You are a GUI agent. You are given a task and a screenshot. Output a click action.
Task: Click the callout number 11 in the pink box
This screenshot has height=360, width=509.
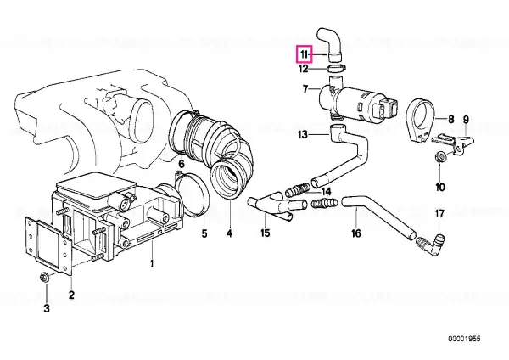tap(303, 54)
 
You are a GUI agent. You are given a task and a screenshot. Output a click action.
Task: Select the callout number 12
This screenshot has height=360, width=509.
tap(303, 69)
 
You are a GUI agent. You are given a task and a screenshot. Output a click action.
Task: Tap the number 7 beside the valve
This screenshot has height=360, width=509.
tap(305, 88)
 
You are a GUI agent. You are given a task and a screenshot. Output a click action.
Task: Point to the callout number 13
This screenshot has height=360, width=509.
tap(303, 134)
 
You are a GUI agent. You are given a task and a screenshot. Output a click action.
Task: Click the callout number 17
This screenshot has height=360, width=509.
tap(439, 214)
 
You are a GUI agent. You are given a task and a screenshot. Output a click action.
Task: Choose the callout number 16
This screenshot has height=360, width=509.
tap(356, 233)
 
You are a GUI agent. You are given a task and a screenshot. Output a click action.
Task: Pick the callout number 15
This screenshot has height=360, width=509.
tap(266, 233)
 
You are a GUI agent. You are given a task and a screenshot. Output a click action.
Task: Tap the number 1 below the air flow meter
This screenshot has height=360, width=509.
tap(152, 264)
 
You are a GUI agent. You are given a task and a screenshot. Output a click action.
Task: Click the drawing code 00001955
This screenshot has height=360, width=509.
tap(464, 339)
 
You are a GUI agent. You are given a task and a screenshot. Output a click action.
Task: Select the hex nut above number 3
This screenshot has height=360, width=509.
tap(44, 278)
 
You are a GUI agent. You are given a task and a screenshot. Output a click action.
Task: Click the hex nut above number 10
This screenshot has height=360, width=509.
tap(440, 157)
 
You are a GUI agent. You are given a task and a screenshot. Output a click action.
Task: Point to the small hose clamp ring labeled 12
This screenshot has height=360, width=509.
tap(336, 68)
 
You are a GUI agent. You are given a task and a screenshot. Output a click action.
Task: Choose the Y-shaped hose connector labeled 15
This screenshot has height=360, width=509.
tap(277, 205)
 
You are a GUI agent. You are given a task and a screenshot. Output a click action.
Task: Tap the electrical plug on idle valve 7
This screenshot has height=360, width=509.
tap(386, 109)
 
